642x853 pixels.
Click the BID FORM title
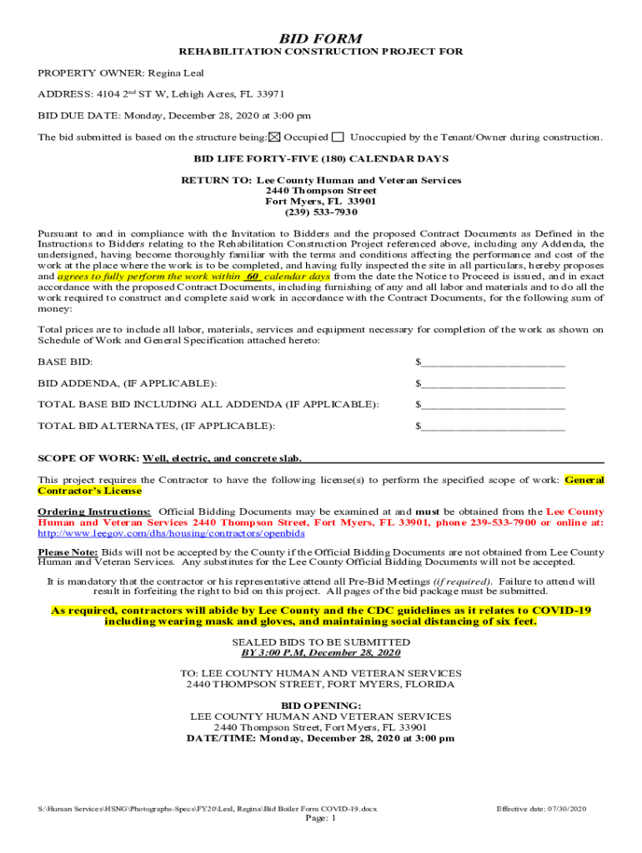(x=320, y=38)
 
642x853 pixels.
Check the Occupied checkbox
(x=275, y=137)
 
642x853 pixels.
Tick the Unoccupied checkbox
(x=338, y=137)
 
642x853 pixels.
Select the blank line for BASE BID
(x=493, y=362)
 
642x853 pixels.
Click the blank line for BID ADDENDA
(x=493, y=383)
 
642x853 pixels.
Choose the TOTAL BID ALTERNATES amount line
(x=493, y=426)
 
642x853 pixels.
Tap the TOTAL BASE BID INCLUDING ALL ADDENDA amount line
(x=493, y=405)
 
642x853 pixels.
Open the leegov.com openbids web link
(x=171, y=533)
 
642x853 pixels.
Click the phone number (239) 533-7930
(x=320, y=212)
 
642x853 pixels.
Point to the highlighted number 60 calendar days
(x=253, y=275)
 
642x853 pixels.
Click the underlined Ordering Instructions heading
(x=94, y=511)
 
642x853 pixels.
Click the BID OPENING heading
(x=321, y=706)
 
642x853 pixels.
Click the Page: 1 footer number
(x=321, y=818)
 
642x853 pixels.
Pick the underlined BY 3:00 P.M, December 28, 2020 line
(x=321, y=653)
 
